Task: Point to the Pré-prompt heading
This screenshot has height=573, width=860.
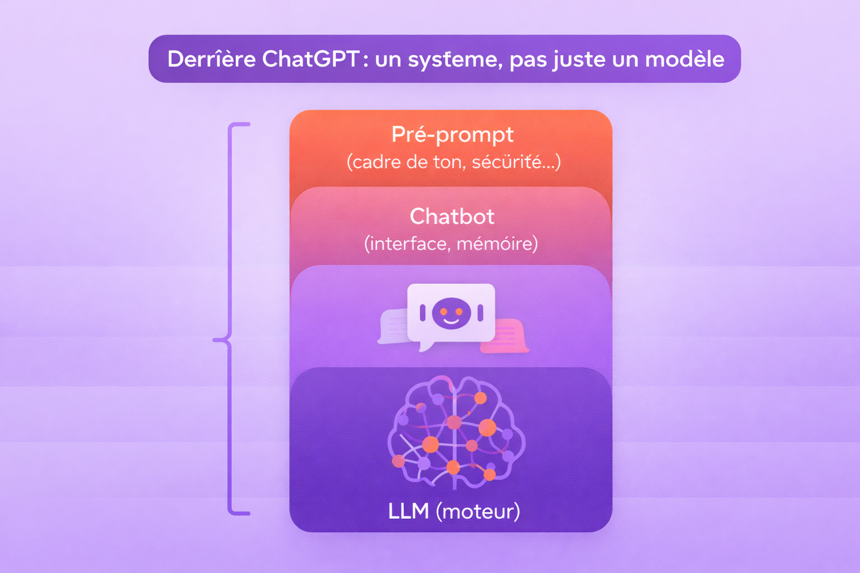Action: [x=452, y=134]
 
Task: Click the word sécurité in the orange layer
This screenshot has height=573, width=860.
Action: [x=507, y=162]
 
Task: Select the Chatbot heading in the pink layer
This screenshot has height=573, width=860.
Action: [x=452, y=217]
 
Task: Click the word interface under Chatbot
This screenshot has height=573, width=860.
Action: [x=408, y=244]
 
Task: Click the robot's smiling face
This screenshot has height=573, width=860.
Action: [x=451, y=313]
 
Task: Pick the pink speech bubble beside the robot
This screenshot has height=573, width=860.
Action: [x=506, y=336]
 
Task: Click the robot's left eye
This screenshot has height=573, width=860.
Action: [x=443, y=311]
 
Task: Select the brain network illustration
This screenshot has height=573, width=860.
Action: [x=455, y=431]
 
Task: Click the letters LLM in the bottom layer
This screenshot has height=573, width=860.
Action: [x=409, y=511]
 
